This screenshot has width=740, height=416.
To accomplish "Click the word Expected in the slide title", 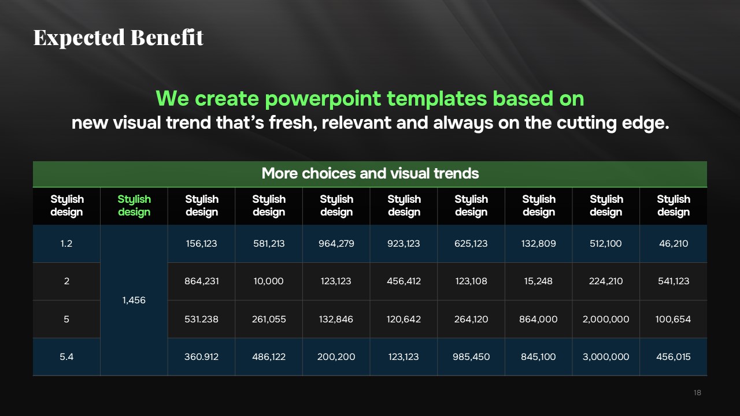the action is click(x=79, y=38).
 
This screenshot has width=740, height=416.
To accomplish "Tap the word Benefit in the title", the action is click(x=167, y=37).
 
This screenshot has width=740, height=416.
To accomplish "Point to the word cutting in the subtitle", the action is click(x=587, y=124).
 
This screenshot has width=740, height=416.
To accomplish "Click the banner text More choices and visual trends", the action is click(x=370, y=173).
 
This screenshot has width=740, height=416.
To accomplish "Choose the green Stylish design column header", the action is click(x=134, y=205).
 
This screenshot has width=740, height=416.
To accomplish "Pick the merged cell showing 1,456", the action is click(x=134, y=300).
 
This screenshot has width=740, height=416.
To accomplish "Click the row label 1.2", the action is click(x=66, y=244).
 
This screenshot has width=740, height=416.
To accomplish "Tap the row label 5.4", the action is click(x=66, y=357).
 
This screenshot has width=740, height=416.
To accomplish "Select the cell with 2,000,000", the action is click(x=606, y=320).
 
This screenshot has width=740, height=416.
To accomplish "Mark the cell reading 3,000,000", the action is click(x=606, y=357).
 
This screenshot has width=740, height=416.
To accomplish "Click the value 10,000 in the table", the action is click(x=269, y=281).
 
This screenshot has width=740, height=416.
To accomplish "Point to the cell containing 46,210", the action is click(x=674, y=244).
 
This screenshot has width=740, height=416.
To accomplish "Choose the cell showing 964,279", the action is click(x=336, y=244).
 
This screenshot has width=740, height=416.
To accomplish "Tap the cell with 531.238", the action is click(x=201, y=320).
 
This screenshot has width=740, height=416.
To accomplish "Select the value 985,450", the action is click(x=471, y=357).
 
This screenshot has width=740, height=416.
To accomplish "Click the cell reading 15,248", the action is click(x=538, y=281).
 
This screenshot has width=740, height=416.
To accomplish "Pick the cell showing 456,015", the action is click(x=674, y=357).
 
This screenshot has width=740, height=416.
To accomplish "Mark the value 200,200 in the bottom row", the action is click(x=336, y=357).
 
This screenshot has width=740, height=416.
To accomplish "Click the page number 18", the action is click(x=697, y=392).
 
